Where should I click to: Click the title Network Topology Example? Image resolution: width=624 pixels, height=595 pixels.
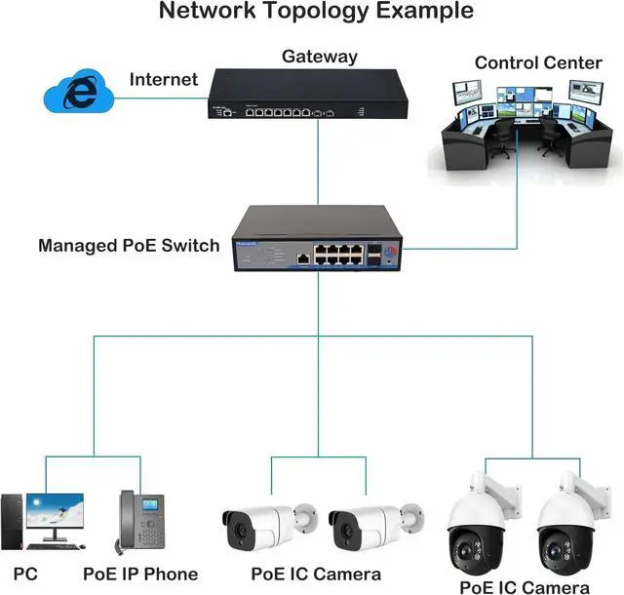pyautogui.click(x=316, y=12)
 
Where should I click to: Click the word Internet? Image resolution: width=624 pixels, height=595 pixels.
pyautogui.click(x=164, y=79)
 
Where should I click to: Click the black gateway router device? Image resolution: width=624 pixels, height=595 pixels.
pyautogui.click(x=306, y=96)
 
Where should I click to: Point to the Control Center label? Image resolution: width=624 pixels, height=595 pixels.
pyautogui.click(x=538, y=63)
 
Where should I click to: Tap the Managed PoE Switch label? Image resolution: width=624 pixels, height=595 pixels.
pyautogui.click(x=129, y=245)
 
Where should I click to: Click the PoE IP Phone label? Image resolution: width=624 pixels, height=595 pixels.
pyautogui.click(x=140, y=574)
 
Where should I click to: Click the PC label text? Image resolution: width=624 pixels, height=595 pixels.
pyautogui.click(x=26, y=574)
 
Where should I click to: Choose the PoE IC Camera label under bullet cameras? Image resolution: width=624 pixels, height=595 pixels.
pyautogui.click(x=316, y=574)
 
